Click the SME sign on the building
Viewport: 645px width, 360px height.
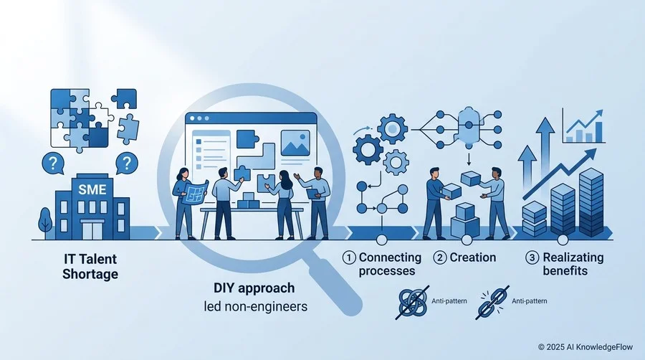[x=92, y=189]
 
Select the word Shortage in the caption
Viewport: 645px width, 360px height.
[x=90, y=274]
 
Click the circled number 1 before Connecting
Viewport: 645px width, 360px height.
[x=349, y=258]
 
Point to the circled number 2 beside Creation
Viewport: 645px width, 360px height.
[x=440, y=258]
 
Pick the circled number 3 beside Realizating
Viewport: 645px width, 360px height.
[x=532, y=258]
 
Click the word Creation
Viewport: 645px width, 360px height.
[x=473, y=257]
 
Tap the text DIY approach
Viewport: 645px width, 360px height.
[x=254, y=288]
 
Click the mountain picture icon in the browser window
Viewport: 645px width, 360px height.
[x=295, y=143]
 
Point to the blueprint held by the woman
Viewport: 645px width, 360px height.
[x=196, y=191]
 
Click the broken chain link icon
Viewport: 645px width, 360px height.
[x=492, y=303]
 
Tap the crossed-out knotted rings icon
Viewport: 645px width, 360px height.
[x=413, y=303]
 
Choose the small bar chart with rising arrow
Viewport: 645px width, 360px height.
[x=583, y=126]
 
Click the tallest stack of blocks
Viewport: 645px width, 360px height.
[x=591, y=202]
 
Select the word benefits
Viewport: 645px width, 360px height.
[x=565, y=271]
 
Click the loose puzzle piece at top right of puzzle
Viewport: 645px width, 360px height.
[x=124, y=99]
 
